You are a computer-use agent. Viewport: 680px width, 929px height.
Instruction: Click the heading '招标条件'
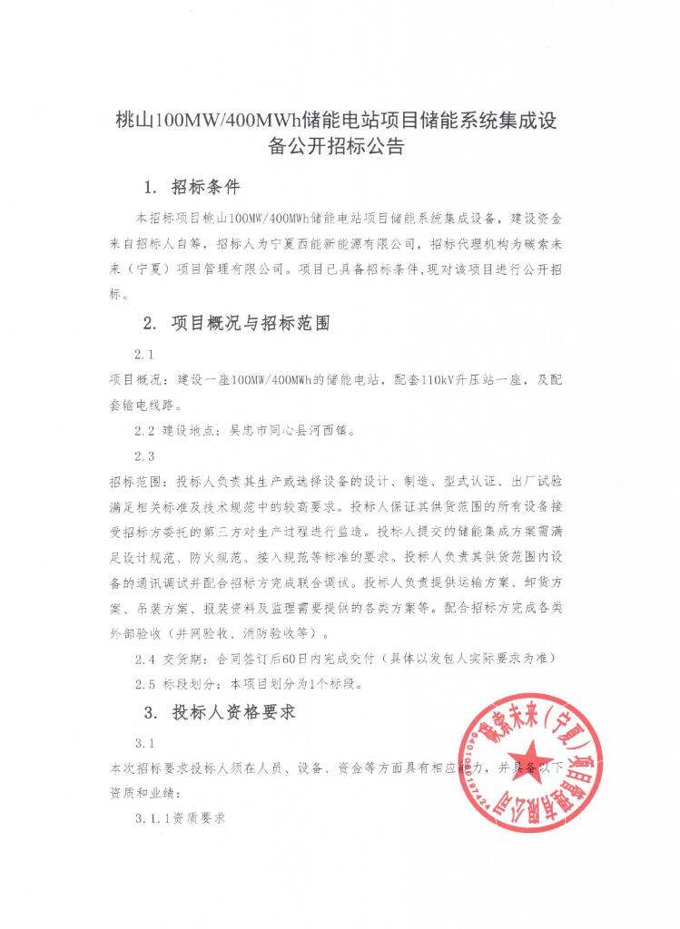click(205, 188)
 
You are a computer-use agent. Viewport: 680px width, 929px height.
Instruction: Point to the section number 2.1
click(145, 353)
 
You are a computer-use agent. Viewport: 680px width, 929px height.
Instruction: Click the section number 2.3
click(145, 455)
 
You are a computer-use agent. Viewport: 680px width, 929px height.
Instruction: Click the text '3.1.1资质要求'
click(180, 818)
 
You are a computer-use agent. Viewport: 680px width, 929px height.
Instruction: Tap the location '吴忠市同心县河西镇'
click(292, 430)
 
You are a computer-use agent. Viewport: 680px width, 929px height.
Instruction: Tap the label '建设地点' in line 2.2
click(192, 430)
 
